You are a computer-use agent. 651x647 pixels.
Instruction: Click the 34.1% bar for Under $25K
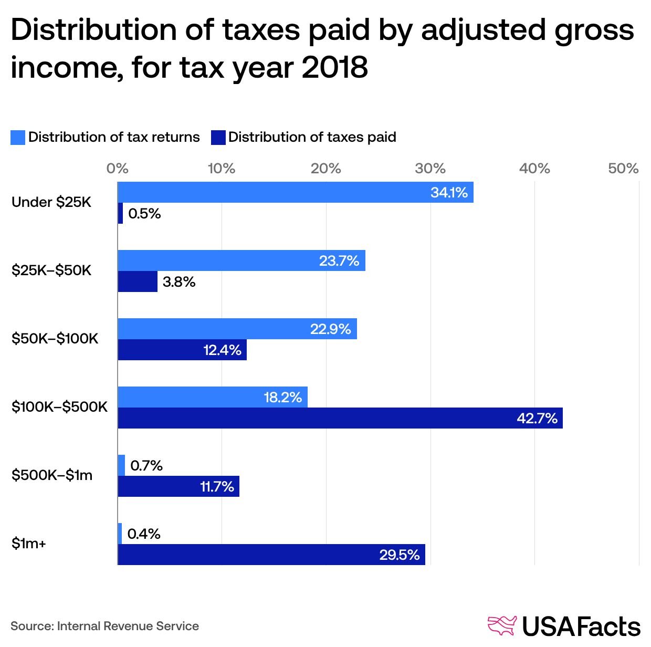click(295, 192)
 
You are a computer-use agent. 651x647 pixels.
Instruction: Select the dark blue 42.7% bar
click(340, 418)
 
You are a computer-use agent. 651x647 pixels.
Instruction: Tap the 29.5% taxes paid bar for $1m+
click(271, 555)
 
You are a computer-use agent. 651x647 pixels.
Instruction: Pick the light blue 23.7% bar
click(241, 260)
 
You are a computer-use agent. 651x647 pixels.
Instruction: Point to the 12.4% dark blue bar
click(182, 350)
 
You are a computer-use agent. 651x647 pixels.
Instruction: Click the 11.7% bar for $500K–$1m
click(178, 486)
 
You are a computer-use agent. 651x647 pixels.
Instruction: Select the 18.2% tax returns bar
click(212, 397)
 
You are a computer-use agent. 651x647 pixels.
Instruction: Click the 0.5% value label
click(144, 214)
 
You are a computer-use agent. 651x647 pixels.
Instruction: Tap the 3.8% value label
click(179, 282)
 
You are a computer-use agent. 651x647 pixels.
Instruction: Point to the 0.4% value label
click(144, 534)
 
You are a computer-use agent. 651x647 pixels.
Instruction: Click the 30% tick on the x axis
click(430, 169)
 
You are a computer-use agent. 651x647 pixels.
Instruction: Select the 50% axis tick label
click(623, 169)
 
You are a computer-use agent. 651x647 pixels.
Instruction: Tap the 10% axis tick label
click(222, 169)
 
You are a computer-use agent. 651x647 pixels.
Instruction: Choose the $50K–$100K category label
click(55, 339)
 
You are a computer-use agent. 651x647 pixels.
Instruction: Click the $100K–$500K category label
click(59, 407)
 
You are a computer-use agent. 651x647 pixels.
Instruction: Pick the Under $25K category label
click(51, 202)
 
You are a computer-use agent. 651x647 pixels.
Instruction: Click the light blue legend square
click(18, 138)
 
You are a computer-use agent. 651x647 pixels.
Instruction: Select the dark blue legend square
click(218, 138)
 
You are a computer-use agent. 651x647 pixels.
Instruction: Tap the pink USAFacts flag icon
click(502, 625)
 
